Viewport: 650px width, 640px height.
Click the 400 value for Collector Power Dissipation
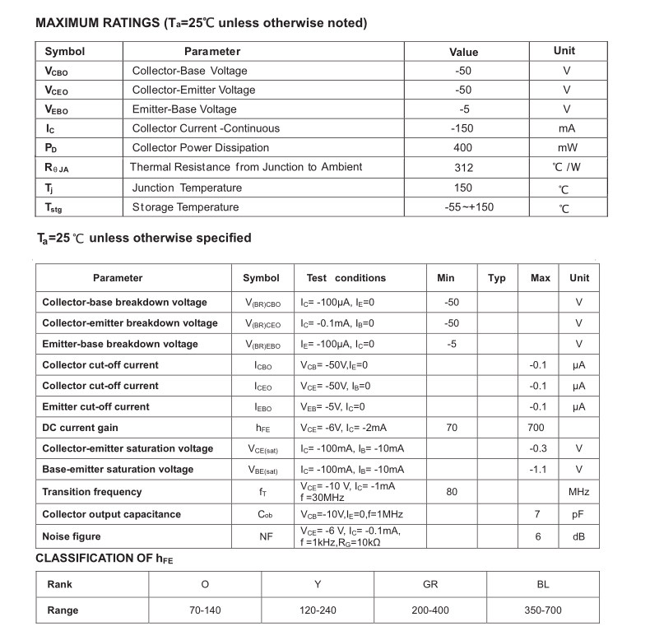click(463, 148)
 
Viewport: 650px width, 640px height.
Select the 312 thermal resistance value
click(463, 167)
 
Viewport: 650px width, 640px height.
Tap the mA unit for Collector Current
click(566, 128)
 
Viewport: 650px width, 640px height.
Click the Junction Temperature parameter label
click(188, 188)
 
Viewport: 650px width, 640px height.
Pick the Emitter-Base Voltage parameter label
click(184, 109)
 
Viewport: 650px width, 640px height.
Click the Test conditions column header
click(346, 278)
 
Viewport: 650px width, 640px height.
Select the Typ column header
click(497, 278)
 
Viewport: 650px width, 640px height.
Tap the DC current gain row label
click(81, 428)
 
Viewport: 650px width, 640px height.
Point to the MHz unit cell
click(578, 493)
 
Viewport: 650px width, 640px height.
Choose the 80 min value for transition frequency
click(452, 493)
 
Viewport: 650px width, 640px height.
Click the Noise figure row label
click(72, 536)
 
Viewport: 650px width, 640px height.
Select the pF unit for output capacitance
click(578, 514)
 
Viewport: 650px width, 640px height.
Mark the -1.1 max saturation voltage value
click(539, 470)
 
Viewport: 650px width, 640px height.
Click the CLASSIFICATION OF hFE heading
click(104, 559)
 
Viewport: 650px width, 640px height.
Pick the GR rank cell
click(430, 584)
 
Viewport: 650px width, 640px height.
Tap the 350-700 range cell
click(542, 610)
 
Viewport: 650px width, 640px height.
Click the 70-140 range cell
click(205, 610)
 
